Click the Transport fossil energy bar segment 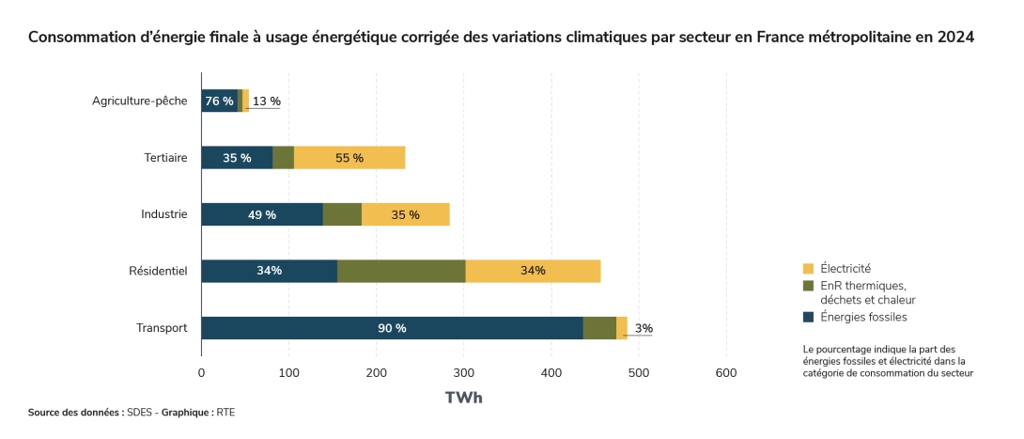point(392,328)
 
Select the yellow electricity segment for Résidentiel point(533,271)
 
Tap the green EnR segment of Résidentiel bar point(401,271)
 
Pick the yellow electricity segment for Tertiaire point(349,158)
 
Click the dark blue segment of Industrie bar point(262,214)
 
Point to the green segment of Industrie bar point(342,214)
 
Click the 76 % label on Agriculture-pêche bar point(219,102)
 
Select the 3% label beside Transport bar point(644,328)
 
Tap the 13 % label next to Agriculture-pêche point(267,102)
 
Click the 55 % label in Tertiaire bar point(349,158)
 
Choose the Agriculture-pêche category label point(140,102)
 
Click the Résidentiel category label point(159,272)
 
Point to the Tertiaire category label point(165,158)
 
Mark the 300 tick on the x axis point(463,373)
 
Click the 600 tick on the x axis point(726,373)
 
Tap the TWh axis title point(463,398)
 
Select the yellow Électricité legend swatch point(808,269)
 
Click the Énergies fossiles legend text point(863,317)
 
